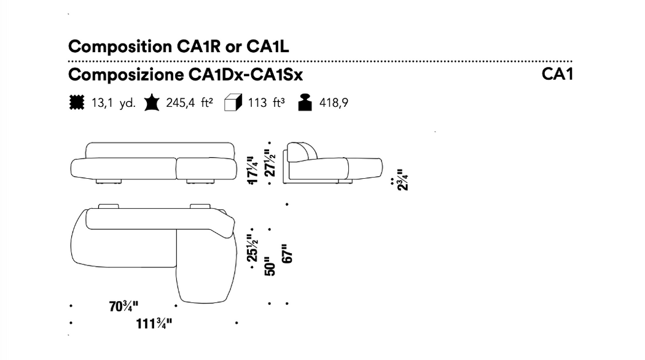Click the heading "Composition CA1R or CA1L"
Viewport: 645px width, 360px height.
(x=179, y=47)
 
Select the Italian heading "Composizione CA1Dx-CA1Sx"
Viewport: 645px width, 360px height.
(x=186, y=75)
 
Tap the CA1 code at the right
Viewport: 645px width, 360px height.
(x=557, y=74)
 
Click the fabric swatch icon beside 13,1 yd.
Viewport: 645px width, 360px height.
(x=77, y=103)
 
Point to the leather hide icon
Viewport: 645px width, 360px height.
(x=152, y=103)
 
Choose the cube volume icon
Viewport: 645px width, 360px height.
(x=233, y=103)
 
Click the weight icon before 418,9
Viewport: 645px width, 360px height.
(x=305, y=103)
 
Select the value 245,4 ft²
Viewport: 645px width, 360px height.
(x=189, y=103)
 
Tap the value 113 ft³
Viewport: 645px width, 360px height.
(x=266, y=103)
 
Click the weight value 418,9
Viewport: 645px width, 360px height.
(x=334, y=103)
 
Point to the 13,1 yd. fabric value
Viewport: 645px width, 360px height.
(x=113, y=103)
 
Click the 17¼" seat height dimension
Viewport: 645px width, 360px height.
(x=252, y=170)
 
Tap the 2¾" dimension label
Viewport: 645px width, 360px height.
(x=403, y=180)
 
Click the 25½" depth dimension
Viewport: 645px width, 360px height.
(x=252, y=248)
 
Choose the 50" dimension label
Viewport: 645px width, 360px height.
(x=270, y=266)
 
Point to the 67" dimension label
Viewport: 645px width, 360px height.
(x=287, y=254)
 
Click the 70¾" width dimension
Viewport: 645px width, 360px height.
(x=123, y=307)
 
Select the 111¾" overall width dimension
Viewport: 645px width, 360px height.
(x=154, y=324)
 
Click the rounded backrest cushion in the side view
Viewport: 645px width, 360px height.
(x=302, y=152)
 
